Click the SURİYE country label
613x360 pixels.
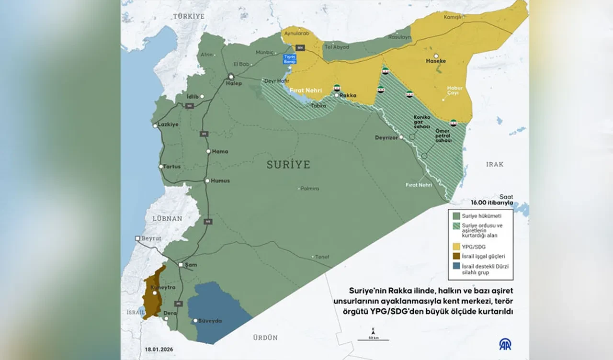288,165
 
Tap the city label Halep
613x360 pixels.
234,83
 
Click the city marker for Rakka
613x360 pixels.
337,95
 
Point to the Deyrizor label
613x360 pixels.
386,137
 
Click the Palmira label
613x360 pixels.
310,189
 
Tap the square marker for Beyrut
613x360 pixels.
137,238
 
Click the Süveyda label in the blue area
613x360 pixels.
211,321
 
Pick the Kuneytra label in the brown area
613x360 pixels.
163,288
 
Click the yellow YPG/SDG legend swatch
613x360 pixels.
455,246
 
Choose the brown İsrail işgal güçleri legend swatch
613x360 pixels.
455,256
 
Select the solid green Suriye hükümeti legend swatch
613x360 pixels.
455,216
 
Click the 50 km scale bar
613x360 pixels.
373,339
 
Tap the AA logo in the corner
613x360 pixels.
505,344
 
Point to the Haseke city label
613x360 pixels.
436,61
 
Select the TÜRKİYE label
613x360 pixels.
189,16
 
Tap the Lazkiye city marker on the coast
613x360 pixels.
155,126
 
